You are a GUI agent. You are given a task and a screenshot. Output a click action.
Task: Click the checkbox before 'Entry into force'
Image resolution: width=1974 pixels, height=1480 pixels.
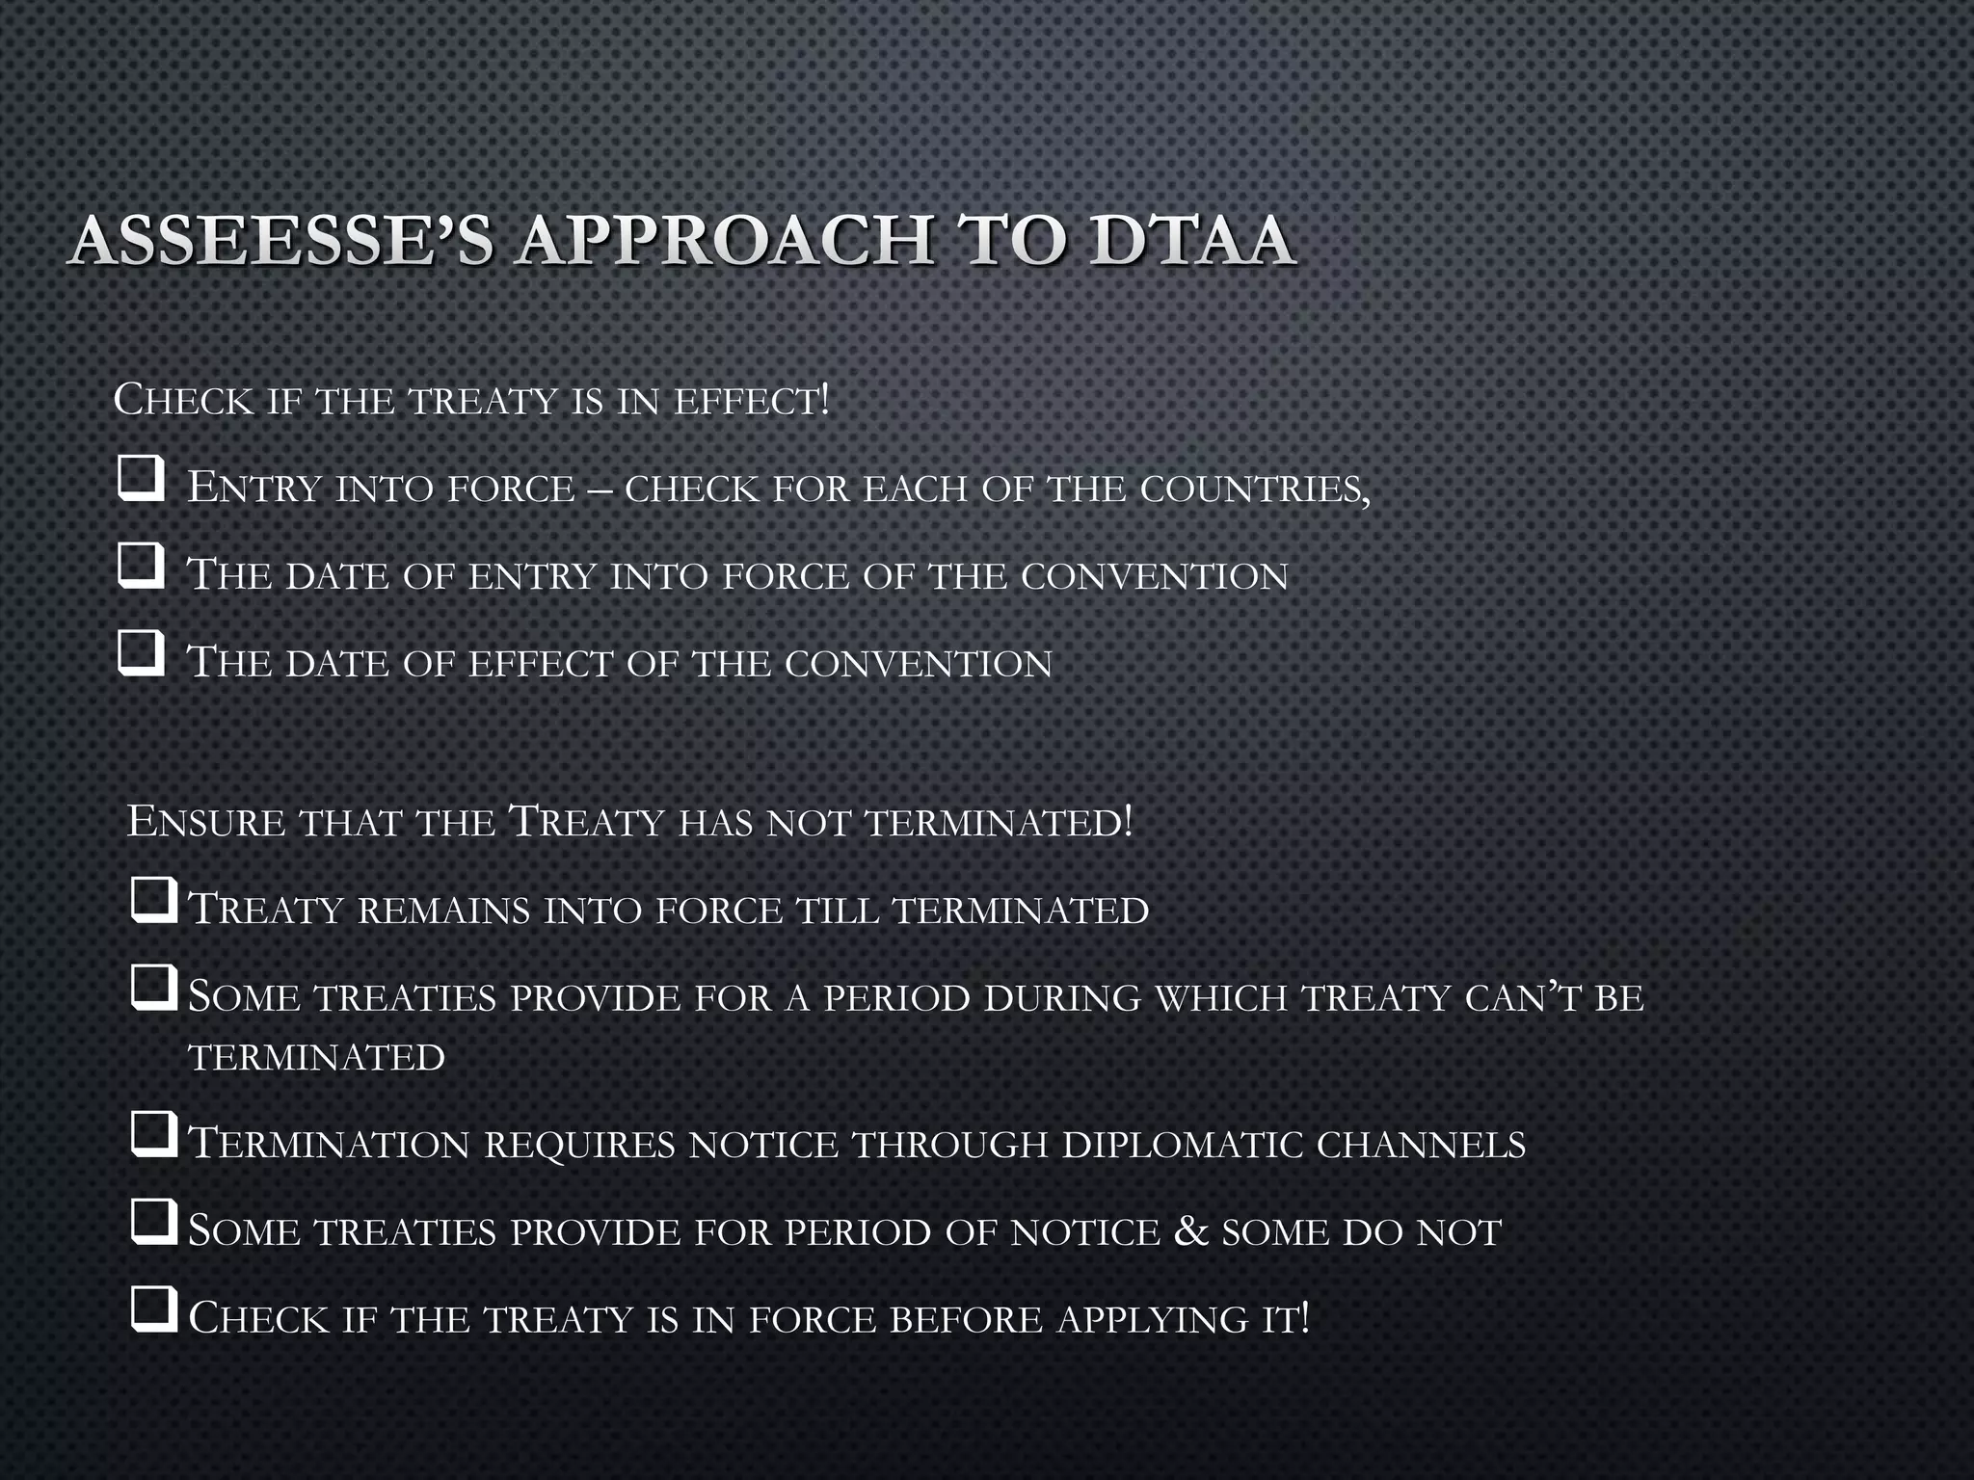click(141, 479)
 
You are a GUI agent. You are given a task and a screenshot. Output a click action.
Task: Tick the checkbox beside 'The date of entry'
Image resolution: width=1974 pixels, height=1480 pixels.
click(141, 566)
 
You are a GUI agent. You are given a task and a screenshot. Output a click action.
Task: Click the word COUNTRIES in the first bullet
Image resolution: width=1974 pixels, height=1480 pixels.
click(1254, 489)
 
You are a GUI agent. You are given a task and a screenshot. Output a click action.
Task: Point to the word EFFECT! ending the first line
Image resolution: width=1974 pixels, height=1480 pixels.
click(751, 401)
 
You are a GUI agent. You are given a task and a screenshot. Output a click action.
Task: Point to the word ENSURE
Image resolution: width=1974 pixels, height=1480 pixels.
click(206, 822)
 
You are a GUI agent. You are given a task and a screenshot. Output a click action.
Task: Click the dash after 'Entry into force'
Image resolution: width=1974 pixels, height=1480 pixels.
click(599, 489)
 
